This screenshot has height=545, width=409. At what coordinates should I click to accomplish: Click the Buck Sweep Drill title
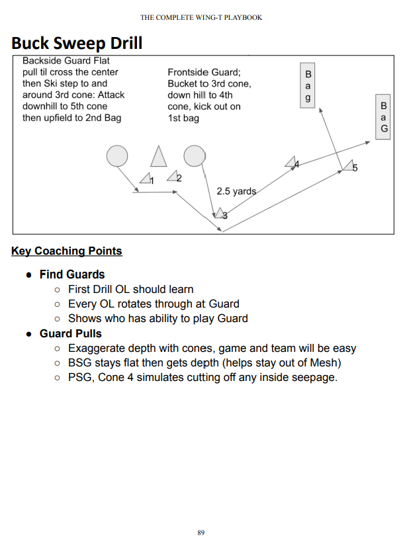click(x=77, y=43)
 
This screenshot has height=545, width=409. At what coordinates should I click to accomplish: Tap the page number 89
click(x=201, y=532)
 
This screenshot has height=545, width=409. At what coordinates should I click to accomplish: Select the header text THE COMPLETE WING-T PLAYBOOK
click(x=201, y=17)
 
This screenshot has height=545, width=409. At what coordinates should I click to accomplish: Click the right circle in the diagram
click(x=194, y=155)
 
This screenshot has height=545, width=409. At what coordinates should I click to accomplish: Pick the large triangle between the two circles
click(x=158, y=156)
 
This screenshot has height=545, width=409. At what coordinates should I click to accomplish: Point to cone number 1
click(x=146, y=179)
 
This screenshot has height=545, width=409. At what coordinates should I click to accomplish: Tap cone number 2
click(x=173, y=177)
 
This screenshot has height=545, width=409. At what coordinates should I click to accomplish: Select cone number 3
click(x=219, y=213)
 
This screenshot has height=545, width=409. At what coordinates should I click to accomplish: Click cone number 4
click(x=291, y=162)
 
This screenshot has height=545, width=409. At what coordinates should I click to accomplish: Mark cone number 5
click(x=348, y=167)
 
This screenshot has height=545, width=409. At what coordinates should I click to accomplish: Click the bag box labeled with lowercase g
click(x=307, y=85)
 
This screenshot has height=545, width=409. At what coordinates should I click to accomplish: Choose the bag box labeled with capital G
click(x=383, y=117)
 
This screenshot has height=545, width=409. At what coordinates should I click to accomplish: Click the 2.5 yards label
click(x=236, y=191)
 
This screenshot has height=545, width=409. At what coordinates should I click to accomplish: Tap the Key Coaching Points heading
click(x=67, y=251)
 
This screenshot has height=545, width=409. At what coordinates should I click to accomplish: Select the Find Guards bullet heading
click(x=72, y=274)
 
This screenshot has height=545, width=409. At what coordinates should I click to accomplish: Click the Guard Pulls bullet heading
click(x=71, y=333)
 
